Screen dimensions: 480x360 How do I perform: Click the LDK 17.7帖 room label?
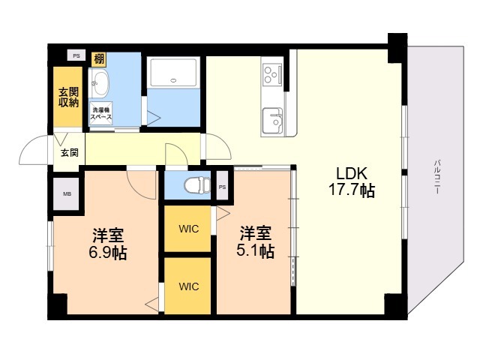tap(352, 181)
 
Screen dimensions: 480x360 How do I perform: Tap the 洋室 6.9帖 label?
tap(108, 244)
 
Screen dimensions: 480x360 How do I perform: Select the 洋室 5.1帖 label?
tap(255, 242)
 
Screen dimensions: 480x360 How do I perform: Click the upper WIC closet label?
tap(188, 229)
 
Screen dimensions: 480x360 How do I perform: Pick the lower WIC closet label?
tap(188, 286)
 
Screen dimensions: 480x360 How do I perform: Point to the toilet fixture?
tap(197, 185)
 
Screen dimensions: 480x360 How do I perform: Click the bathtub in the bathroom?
tap(173, 73)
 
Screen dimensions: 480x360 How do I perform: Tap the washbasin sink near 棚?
tap(100, 82)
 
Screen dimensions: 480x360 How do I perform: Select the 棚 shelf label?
tap(99, 59)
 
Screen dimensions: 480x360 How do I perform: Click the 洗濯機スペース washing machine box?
tap(100, 113)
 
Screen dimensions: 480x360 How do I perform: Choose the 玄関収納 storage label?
tap(68, 97)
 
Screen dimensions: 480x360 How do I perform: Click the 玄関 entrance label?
tap(70, 152)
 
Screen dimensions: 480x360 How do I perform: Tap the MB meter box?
tap(67, 193)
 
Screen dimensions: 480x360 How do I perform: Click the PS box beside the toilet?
tap(223, 186)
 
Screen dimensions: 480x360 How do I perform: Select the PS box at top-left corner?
tap(76, 55)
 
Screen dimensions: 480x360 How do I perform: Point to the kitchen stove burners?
tap(272, 74)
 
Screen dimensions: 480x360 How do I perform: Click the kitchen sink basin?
tap(272, 121)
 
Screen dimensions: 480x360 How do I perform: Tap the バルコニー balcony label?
tap(436, 177)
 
